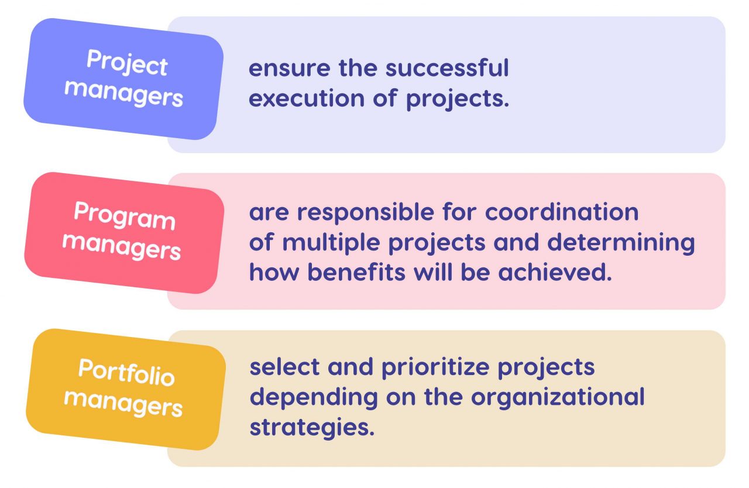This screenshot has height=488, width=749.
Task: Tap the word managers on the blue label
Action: [x=123, y=94]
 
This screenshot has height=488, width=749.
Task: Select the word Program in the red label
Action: [x=124, y=216]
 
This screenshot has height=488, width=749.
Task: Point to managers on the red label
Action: [x=122, y=247]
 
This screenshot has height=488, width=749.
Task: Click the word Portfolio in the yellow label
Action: [x=126, y=372]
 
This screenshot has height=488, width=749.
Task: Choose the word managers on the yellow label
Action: [x=123, y=404]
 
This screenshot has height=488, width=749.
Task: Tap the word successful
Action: [x=447, y=68]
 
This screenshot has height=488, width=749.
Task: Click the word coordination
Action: [x=562, y=212]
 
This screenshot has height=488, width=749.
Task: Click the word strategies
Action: [x=311, y=428]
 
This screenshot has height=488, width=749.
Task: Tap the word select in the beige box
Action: [x=284, y=367]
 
